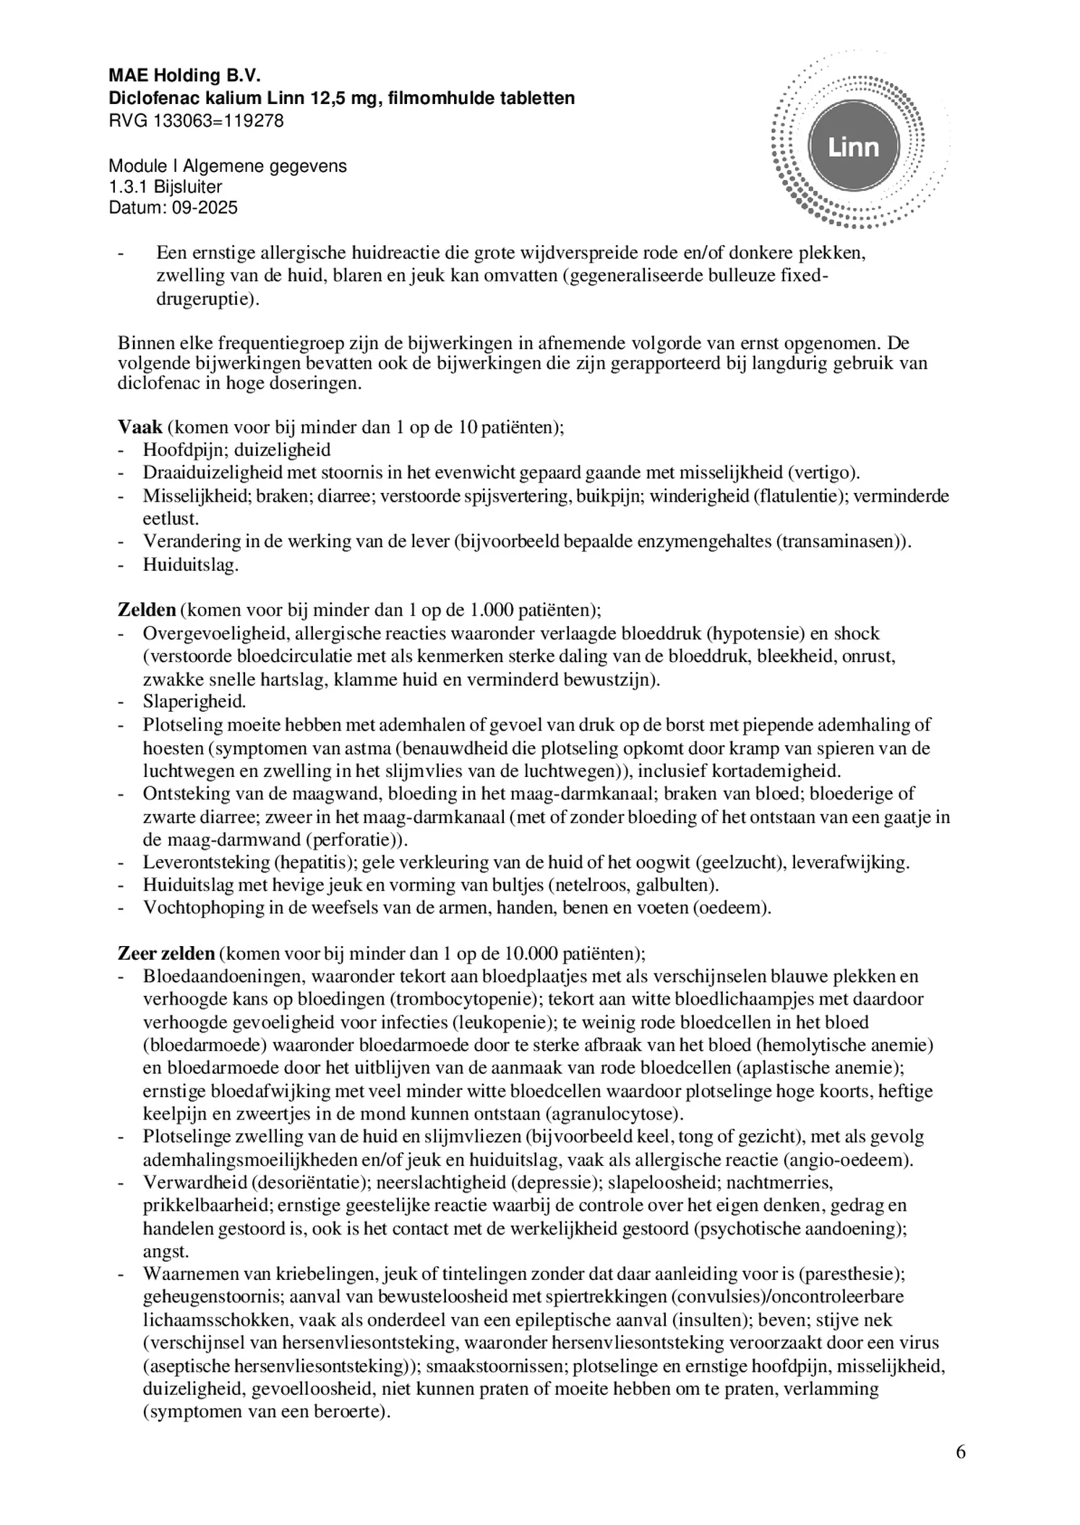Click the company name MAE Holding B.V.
tap(184, 76)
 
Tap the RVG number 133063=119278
tap(218, 121)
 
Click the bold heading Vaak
tap(140, 427)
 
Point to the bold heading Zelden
tap(147, 609)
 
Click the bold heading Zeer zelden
tap(166, 953)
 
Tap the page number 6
tap(960, 1452)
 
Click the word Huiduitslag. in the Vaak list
tap(191, 564)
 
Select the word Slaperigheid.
tap(194, 701)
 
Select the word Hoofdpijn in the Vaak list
tap(175, 450)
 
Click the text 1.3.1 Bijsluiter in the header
tap(166, 187)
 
